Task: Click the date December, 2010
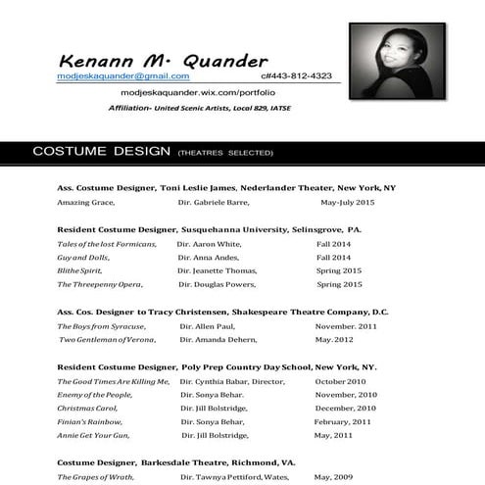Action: pos(346,408)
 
